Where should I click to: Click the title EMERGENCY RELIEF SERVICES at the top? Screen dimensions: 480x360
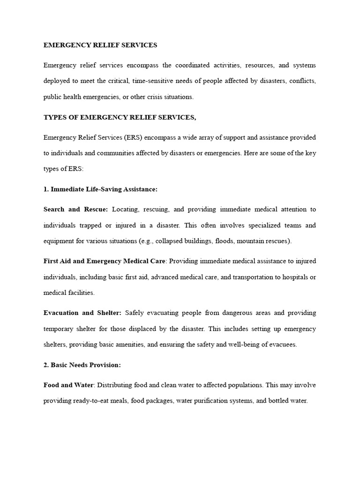(100, 45)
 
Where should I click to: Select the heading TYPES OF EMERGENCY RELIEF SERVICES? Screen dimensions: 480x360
(120, 117)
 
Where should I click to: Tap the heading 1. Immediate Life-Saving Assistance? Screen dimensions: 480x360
(100, 189)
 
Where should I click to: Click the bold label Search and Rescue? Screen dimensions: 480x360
(75, 209)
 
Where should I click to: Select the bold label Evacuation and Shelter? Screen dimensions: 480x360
(82, 313)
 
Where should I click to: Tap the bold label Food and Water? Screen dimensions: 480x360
(68, 385)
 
